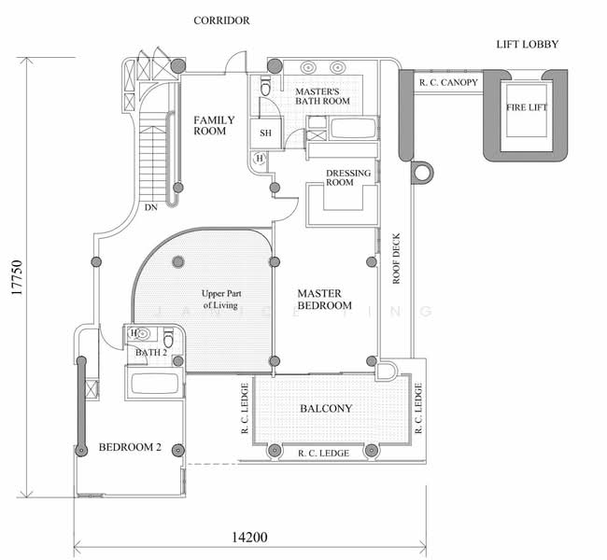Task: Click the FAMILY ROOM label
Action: (214, 125)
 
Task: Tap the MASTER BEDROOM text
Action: (324, 299)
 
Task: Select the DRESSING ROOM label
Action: (347, 177)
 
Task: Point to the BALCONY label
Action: (326, 409)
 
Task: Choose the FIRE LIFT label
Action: (528, 108)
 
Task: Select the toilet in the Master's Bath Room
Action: (266, 87)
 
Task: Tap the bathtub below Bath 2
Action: (155, 382)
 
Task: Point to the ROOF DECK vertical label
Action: (396, 257)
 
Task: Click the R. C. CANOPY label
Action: (448, 83)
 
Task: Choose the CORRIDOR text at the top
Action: (221, 21)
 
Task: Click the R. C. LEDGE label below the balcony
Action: (323, 453)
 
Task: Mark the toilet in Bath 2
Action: (168, 337)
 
